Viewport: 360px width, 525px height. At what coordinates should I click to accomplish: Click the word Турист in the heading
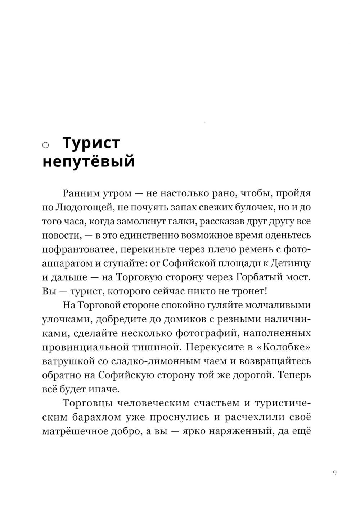point(91,143)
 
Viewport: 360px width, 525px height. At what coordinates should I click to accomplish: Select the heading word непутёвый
point(89,161)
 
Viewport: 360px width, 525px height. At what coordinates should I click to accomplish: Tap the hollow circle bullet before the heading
point(46,145)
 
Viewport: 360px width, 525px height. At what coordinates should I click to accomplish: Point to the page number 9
point(335,473)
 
